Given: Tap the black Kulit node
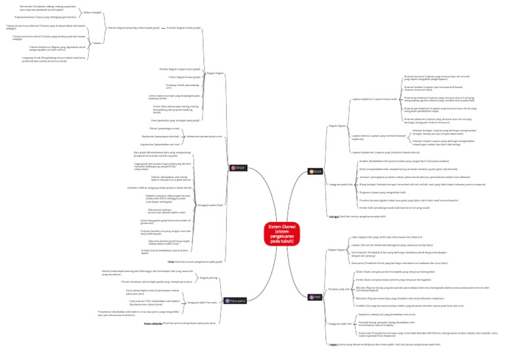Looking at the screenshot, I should (x=316, y=171).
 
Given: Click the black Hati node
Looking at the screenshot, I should (x=316, y=297).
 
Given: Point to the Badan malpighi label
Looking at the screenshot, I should (x=93, y=12).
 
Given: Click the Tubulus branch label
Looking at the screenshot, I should (x=97, y=42).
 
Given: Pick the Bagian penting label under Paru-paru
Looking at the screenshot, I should (x=208, y=278).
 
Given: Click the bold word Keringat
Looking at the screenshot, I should (x=333, y=216).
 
